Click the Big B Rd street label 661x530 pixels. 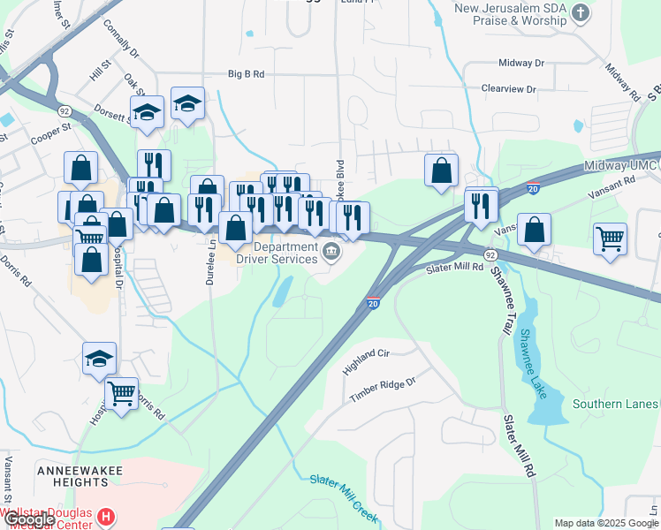click(246, 74)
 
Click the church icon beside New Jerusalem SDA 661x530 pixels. click(581, 12)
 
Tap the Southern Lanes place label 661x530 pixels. click(615, 405)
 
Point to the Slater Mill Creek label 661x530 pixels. click(344, 497)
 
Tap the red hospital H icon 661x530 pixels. click(106, 516)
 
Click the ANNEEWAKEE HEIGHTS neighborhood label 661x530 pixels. click(72, 476)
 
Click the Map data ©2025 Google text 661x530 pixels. click(606, 523)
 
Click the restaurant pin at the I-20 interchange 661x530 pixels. click(481, 206)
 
